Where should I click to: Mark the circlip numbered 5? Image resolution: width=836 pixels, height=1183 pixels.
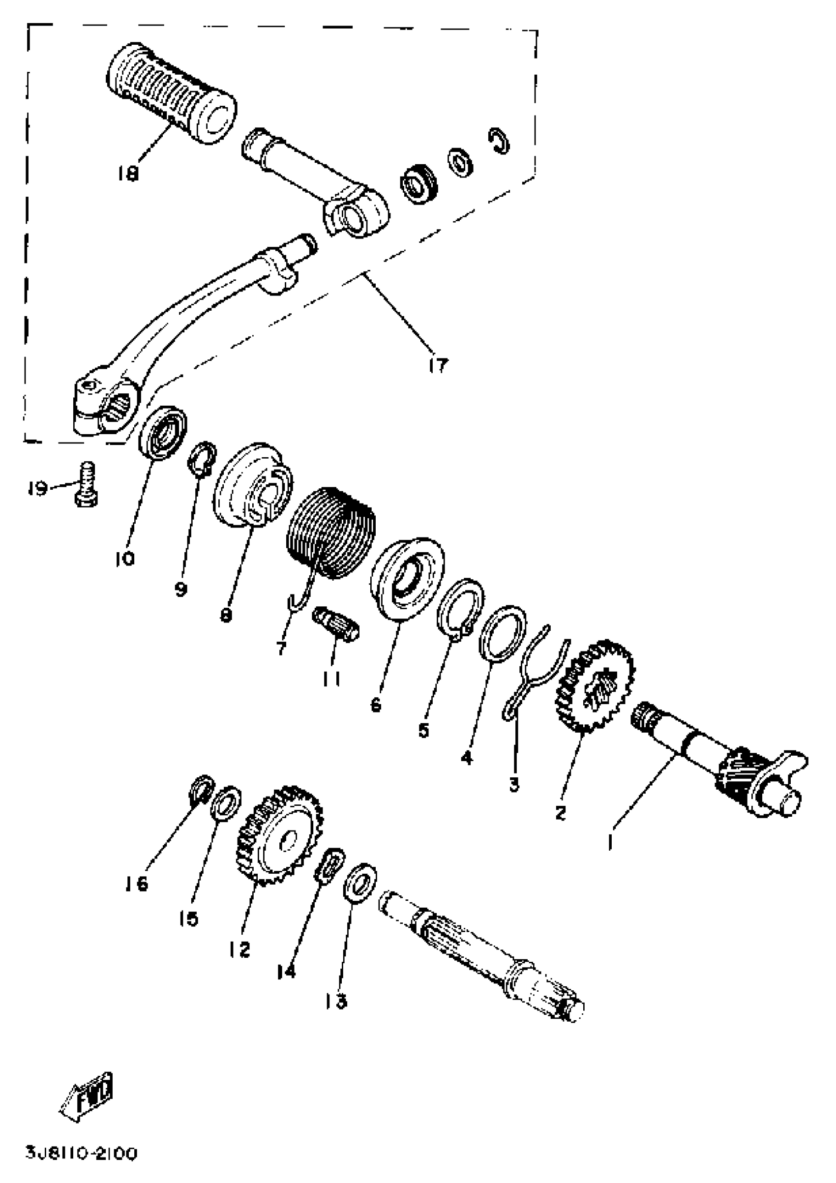(x=460, y=609)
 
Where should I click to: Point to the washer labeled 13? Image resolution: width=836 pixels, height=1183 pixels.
(x=360, y=883)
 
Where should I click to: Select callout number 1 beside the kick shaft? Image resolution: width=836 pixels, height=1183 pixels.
(x=611, y=842)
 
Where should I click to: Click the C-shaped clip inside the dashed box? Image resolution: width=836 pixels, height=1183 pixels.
(x=499, y=140)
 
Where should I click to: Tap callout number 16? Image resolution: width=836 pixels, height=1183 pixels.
(x=137, y=884)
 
